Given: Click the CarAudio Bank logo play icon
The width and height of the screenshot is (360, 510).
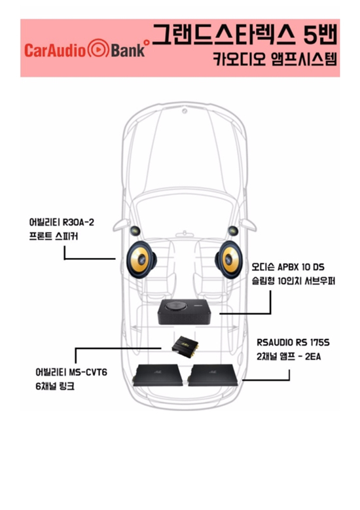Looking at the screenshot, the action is click(x=99, y=49).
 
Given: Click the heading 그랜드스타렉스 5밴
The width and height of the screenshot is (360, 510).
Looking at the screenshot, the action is click(x=245, y=35).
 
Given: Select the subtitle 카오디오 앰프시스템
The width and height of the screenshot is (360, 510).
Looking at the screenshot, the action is click(x=275, y=59).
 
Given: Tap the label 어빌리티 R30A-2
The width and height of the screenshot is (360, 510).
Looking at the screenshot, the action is click(x=62, y=223).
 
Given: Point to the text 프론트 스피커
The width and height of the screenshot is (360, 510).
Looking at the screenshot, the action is click(x=53, y=236).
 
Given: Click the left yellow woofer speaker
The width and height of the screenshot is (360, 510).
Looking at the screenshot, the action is click(x=141, y=259).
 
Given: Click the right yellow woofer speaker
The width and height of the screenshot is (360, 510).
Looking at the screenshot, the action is click(x=229, y=259).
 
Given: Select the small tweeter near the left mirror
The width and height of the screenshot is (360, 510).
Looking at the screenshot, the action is click(x=135, y=231).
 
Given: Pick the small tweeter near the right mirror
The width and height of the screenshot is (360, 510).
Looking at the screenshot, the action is click(x=233, y=231).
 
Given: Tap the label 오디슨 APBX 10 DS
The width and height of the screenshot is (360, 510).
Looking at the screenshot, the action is click(x=288, y=267).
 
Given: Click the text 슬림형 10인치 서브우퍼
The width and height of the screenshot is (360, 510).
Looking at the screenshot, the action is click(x=293, y=281).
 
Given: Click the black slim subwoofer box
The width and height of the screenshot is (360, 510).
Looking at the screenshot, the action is click(x=185, y=312).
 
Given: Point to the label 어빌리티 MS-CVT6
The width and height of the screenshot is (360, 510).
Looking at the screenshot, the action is click(x=71, y=372).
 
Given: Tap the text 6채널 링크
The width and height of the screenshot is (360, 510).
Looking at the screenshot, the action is click(x=55, y=386).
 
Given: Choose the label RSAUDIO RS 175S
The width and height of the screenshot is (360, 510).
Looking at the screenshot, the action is click(x=293, y=342).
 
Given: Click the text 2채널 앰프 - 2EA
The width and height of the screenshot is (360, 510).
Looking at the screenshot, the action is click(x=289, y=357).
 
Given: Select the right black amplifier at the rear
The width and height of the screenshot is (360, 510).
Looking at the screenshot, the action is click(x=213, y=375).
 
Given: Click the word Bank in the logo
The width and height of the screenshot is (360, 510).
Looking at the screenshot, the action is click(x=128, y=50).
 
